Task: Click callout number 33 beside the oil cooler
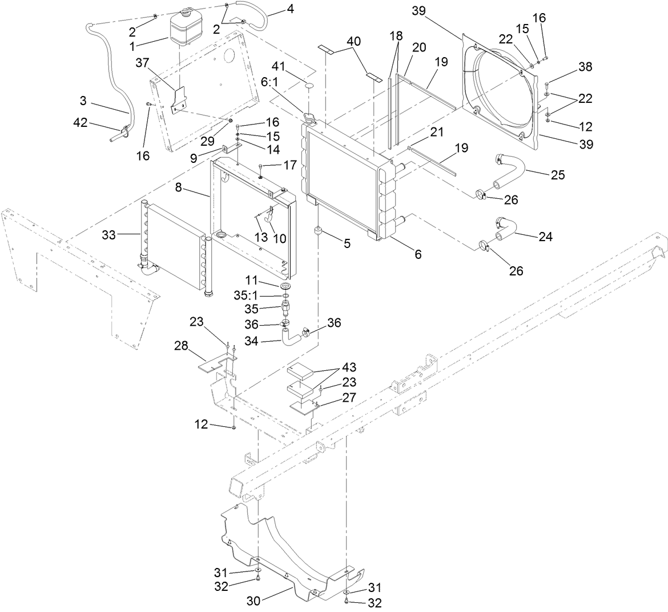(108, 235)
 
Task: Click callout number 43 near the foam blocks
(349, 367)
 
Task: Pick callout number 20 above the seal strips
(418, 47)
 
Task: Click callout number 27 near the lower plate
(349, 397)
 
